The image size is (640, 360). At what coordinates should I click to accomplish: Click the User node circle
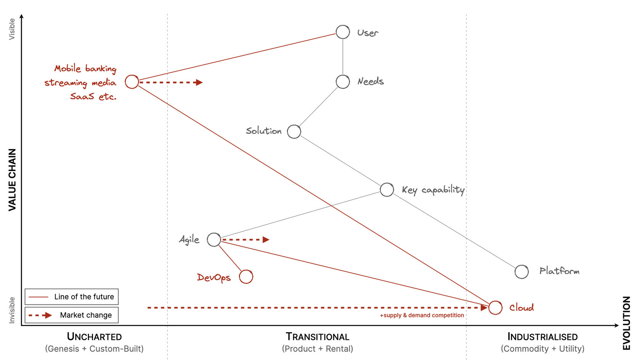tap(342, 26)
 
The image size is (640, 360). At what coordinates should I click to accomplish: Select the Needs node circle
tap(342, 75)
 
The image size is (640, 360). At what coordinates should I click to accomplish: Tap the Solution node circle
tap(294, 125)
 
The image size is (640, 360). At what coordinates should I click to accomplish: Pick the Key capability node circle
tap(387, 183)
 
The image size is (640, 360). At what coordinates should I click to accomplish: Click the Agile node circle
tap(214, 233)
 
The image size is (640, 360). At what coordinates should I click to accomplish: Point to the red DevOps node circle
tap(246, 270)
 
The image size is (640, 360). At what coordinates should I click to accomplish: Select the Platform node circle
tap(522, 265)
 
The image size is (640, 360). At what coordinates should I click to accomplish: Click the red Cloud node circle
tap(495, 301)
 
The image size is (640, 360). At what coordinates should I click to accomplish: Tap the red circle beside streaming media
tap(132, 75)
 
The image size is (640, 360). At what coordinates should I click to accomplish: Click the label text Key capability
tap(433, 190)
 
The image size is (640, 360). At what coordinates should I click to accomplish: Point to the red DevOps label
tap(214, 277)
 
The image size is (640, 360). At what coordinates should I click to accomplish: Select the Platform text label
tap(559, 271)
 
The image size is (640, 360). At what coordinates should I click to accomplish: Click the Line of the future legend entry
tap(72, 296)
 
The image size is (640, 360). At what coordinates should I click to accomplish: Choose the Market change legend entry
tap(72, 315)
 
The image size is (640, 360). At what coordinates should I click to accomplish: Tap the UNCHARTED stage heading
tap(94, 337)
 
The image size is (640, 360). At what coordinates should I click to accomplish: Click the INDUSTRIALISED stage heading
tap(542, 337)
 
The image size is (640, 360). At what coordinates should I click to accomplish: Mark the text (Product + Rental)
tap(317, 349)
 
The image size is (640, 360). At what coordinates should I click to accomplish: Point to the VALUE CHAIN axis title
tap(12, 180)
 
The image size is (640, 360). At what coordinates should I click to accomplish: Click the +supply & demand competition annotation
tap(422, 315)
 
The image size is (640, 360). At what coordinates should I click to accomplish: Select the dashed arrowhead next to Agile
tap(266, 240)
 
